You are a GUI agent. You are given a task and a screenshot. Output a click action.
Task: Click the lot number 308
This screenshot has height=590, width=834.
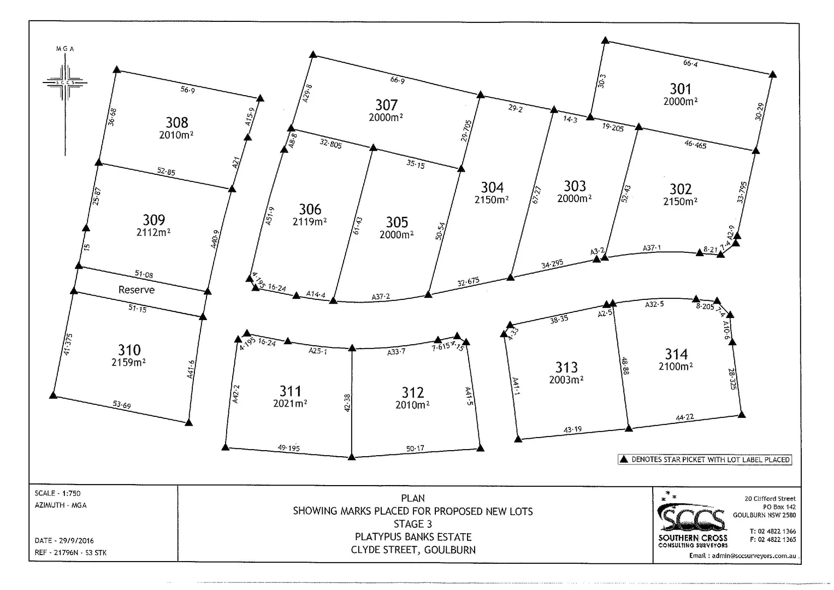[177, 122]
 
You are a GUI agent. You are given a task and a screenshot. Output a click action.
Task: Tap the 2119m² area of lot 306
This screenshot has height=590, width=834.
[310, 222]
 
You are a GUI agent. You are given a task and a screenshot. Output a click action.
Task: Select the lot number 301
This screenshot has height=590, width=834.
[681, 88]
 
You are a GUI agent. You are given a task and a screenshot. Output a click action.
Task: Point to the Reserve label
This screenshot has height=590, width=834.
[137, 290]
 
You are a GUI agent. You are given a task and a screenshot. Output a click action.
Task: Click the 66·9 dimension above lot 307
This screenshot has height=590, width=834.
[398, 80]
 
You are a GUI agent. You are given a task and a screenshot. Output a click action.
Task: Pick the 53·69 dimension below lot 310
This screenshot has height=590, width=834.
[122, 405]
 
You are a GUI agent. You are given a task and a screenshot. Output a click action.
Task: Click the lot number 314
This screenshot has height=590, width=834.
[676, 354]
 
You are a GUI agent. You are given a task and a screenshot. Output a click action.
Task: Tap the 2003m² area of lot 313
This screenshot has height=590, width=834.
[566, 380]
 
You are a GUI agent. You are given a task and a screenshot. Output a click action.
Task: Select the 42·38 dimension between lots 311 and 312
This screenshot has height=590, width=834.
[347, 403]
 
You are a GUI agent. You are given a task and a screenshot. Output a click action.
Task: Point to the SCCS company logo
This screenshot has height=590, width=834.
[693, 518]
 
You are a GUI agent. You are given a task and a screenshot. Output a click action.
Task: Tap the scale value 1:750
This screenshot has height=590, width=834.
[72, 493]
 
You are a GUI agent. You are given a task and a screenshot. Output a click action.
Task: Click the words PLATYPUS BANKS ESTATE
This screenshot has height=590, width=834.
[413, 537]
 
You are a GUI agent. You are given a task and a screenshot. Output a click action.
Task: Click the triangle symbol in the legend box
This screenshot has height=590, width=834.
[624, 459]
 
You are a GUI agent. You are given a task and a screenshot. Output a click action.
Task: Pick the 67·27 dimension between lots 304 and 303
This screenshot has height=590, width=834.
[536, 195]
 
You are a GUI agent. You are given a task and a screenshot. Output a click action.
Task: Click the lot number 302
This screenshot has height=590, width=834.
[681, 189]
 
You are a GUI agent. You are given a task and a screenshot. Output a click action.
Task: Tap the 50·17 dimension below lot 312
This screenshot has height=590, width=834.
[415, 449]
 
